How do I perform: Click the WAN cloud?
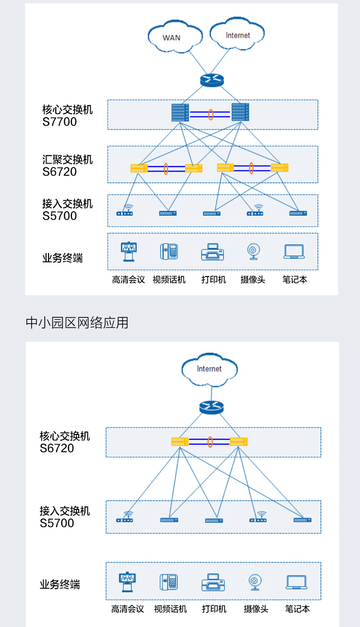click(x=171, y=36)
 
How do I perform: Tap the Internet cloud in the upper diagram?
click(x=238, y=35)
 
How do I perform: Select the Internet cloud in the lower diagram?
click(x=209, y=369)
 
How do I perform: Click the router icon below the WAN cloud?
click(x=211, y=80)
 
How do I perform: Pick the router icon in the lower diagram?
click(x=211, y=408)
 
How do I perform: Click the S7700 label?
click(x=60, y=122)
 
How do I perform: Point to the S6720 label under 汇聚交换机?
click(x=60, y=172)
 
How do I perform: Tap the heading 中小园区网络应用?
click(x=77, y=323)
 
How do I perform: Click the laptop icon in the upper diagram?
click(x=294, y=252)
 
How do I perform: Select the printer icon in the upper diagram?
click(x=213, y=252)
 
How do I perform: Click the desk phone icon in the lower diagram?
click(x=169, y=582)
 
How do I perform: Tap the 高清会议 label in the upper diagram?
click(x=128, y=279)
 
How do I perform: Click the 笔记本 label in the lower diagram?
click(x=297, y=609)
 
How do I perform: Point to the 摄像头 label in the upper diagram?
click(x=252, y=279)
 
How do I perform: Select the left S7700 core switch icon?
click(x=180, y=112)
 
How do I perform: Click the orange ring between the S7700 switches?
click(x=210, y=115)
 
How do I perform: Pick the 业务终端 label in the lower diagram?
click(x=60, y=585)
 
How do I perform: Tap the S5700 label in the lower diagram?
click(x=57, y=523)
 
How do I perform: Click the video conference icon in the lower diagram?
click(x=128, y=582)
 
